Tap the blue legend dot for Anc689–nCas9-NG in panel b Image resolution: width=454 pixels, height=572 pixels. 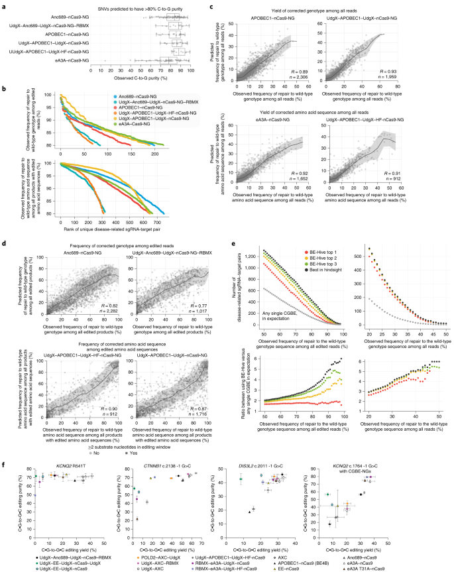pyautogui.click(x=97, y=97)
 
